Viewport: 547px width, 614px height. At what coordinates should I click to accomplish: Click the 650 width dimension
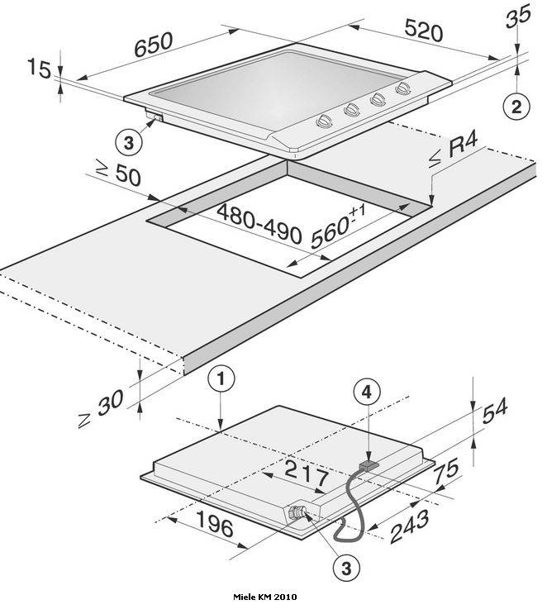click(x=153, y=45)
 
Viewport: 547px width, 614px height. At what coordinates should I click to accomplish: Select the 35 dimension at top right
click(x=518, y=17)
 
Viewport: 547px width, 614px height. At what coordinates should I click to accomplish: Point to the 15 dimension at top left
click(x=39, y=69)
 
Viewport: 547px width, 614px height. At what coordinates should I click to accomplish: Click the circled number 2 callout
click(x=517, y=107)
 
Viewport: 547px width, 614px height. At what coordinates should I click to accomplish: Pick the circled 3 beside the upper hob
click(x=128, y=143)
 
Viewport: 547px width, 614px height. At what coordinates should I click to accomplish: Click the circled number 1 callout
click(x=221, y=379)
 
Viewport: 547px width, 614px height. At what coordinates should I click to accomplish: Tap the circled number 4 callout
click(x=367, y=393)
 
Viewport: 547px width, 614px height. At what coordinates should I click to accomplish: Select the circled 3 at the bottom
click(x=346, y=569)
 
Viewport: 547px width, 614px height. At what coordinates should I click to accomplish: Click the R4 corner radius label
click(x=454, y=151)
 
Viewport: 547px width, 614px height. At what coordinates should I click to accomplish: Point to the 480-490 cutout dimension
click(x=259, y=224)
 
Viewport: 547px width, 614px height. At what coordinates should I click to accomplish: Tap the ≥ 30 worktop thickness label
click(x=100, y=407)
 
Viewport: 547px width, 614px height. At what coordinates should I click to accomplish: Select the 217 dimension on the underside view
click(x=307, y=473)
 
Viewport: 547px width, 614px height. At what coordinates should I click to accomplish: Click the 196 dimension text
click(x=215, y=523)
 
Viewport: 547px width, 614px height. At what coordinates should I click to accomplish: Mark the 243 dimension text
click(x=410, y=526)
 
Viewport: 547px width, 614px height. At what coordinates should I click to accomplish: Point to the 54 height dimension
click(x=495, y=411)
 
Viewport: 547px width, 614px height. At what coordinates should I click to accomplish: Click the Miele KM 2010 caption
click(x=265, y=607)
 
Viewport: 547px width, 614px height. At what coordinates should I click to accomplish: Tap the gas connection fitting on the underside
click(x=297, y=512)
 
